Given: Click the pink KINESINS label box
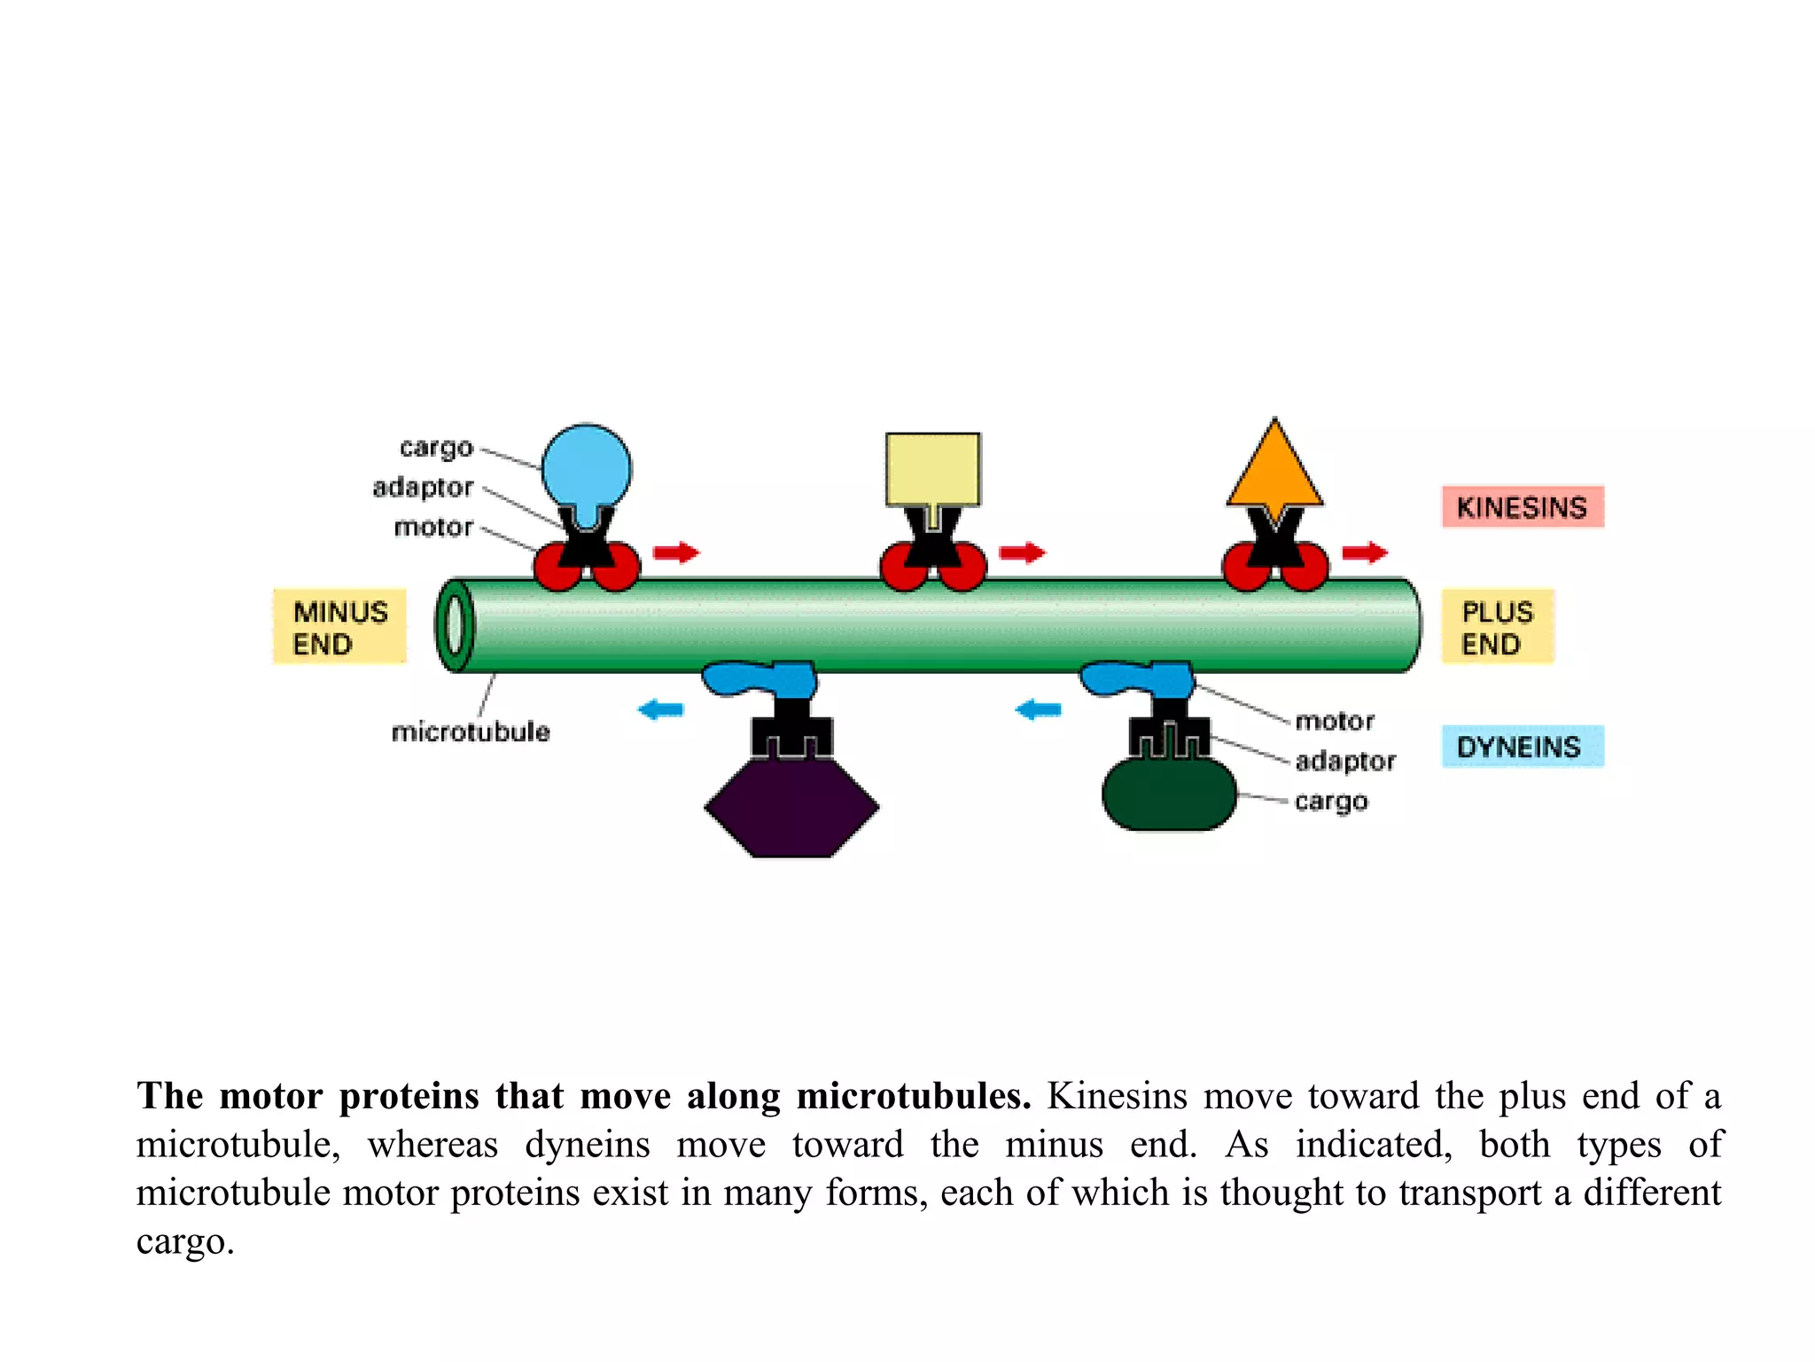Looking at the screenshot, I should (1522, 507).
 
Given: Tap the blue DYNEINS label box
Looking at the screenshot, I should (1522, 747).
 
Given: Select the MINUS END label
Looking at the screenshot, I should (339, 627).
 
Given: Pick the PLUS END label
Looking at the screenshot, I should (1497, 627).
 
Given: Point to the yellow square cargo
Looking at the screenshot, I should (932, 468).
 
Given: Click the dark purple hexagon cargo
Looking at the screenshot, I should (791, 807).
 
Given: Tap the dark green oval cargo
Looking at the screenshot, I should (1168, 794).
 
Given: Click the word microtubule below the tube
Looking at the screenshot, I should (471, 732).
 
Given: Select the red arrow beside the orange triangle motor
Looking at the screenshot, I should (1365, 552).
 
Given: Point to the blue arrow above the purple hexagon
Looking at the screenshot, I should (661, 709).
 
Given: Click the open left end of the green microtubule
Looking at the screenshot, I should (455, 625).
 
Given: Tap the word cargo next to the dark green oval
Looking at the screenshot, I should (1331, 802).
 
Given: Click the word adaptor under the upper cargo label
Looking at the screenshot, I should (423, 488).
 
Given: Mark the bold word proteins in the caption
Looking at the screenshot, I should (409, 1096).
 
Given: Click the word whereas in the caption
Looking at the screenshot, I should (432, 1145).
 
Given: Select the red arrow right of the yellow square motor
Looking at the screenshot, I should (1023, 552).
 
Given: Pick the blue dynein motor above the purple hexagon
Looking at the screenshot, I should (760, 679).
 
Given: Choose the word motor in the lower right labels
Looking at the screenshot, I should (1335, 721).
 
